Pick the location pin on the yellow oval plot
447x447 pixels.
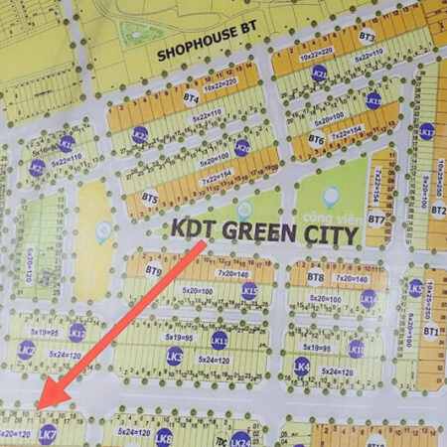tap(102, 231)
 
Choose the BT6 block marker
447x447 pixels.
tap(317, 139)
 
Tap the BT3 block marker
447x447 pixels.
tap(367, 36)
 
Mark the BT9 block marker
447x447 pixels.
tap(153, 270)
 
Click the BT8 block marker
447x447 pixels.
tap(315, 277)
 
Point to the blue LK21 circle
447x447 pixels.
tap(319, 74)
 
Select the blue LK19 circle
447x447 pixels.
tap(373, 100)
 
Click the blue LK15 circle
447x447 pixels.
tap(249, 291)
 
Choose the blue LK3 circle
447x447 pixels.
tap(175, 357)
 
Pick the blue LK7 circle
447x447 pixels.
tap(47, 433)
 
